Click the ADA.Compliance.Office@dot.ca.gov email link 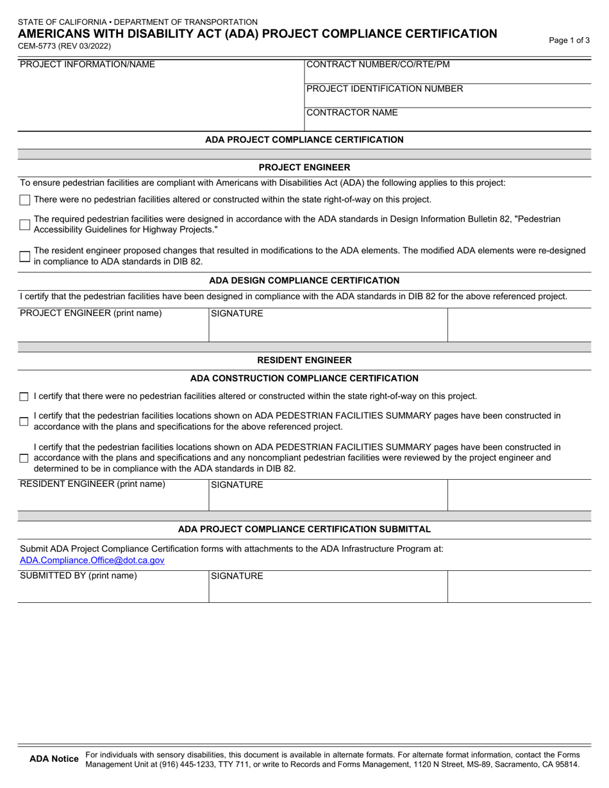click(x=92, y=560)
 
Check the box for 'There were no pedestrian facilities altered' click(x=24, y=200)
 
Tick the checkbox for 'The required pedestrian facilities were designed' click(x=24, y=224)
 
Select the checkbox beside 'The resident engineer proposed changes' click(x=24, y=256)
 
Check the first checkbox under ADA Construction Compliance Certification click(x=24, y=397)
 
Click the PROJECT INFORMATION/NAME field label click(x=87, y=64)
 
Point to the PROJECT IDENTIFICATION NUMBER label click(x=385, y=88)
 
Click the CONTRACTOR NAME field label click(x=352, y=113)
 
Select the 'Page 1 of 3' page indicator click(x=569, y=40)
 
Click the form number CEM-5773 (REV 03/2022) click(x=64, y=46)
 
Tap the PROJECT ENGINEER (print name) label click(x=91, y=313)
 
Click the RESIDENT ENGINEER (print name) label click(x=92, y=484)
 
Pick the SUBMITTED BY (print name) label click(x=78, y=575)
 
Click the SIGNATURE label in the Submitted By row click(x=237, y=576)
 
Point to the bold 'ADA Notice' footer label click(x=54, y=759)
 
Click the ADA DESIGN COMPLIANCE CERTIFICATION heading click(x=304, y=280)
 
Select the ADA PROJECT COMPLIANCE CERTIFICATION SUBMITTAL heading click(x=304, y=529)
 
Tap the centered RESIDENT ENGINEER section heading click(x=304, y=360)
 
